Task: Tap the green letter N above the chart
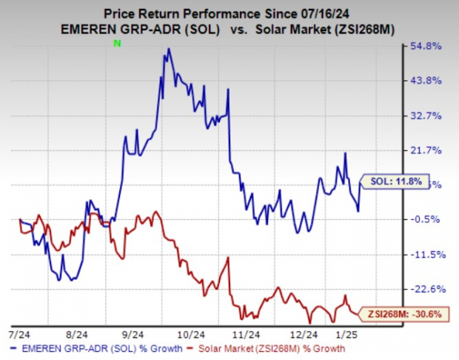pos(116,44)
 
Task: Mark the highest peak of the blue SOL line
pos(169,49)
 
